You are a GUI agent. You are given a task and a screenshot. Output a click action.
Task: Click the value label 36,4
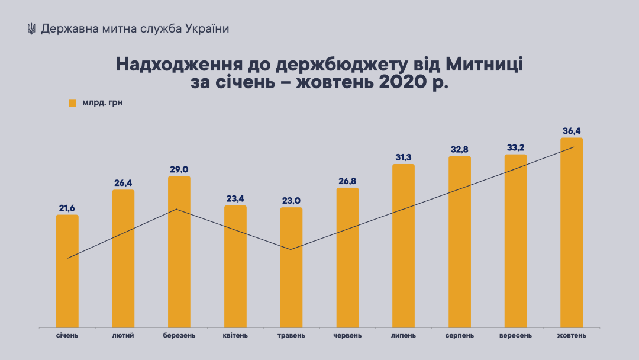tap(572, 131)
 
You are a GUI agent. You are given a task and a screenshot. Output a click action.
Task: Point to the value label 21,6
tap(67, 208)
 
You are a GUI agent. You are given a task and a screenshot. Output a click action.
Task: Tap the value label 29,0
tap(179, 169)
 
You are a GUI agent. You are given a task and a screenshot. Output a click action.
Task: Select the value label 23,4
tap(235, 198)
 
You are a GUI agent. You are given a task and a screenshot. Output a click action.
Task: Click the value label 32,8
tap(460, 149)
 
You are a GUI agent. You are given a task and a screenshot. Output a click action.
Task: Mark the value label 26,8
tap(347, 181)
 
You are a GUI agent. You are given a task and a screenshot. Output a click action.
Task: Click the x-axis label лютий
tap(123, 336)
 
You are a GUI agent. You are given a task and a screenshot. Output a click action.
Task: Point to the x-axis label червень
tap(347, 336)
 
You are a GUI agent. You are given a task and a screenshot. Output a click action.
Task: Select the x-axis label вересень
tap(515, 336)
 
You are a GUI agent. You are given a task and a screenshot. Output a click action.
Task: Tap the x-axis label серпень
tap(460, 336)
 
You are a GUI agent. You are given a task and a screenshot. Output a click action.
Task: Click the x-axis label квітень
tap(235, 336)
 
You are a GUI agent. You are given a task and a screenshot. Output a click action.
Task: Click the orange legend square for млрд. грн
tap(73, 103)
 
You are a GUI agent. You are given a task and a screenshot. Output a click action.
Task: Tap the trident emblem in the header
tap(31, 29)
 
